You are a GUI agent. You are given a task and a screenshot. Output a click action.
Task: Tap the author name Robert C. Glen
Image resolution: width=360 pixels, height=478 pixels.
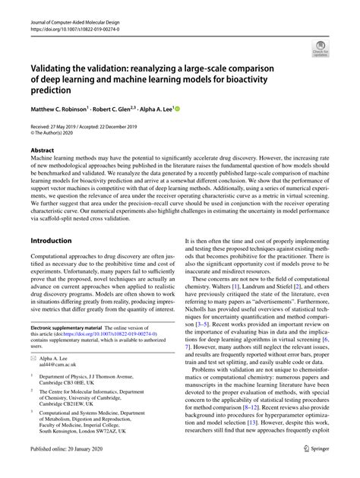pos(132,109)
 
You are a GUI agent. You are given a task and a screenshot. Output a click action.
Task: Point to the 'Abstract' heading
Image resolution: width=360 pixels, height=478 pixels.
pos(43,150)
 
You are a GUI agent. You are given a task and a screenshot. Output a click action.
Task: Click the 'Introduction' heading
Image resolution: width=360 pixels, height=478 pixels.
pos(52,240)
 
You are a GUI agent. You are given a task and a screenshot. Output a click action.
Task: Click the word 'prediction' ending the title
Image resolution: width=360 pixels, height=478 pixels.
pos(55,90)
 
